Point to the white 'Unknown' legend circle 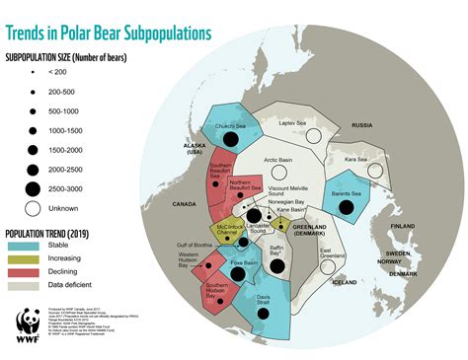32,207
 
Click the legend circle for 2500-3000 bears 32,187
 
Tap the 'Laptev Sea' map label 293,122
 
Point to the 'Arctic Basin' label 281,159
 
